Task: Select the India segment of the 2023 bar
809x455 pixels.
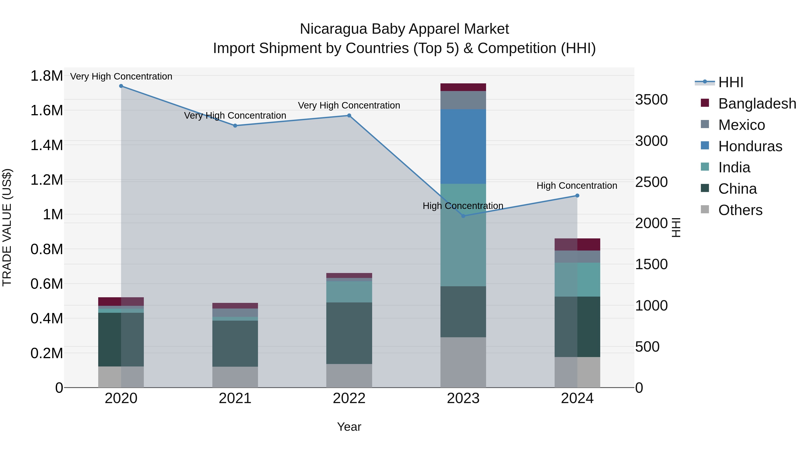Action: coord(463,235)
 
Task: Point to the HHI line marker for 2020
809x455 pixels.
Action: coord(121,86)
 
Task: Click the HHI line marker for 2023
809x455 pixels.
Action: coord(463,216)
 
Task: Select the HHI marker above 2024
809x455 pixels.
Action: coord(577,196)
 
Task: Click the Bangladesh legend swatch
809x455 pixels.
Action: coord(705,103)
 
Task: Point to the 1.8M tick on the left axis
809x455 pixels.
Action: coord(47,76)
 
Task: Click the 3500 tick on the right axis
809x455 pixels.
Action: coord(651,100)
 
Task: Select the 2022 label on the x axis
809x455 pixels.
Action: coord(349,398)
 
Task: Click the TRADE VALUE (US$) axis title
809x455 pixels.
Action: coord(7,227)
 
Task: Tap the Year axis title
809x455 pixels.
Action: coord(349,427)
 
